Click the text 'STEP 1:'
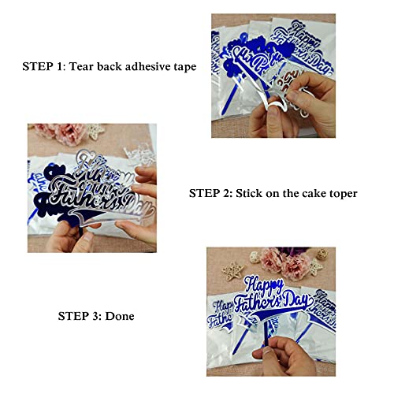coord(43,67)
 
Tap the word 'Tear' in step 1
coord(84,67)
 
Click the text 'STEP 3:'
coord(79,316)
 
